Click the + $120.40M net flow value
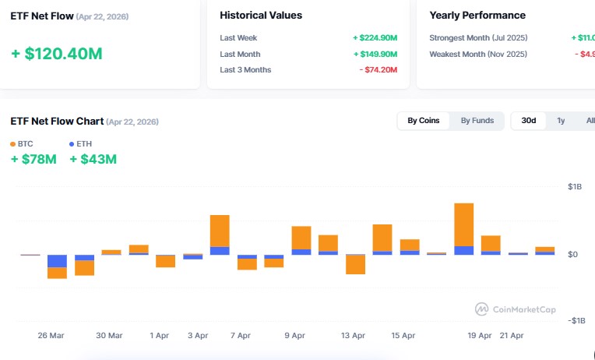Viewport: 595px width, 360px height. (57, 54)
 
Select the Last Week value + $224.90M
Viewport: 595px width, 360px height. (375, 37)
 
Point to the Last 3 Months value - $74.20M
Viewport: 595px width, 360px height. (378, 70)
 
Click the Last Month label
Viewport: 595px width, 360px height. (240, 54)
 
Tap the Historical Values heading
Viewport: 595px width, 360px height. (261, 16)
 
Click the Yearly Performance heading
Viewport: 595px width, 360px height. (477, 16)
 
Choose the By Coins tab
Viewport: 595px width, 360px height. (424, 121)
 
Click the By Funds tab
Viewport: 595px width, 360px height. (477, 121)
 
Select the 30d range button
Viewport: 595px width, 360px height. (529, 121)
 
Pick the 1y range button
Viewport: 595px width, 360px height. (561, 121)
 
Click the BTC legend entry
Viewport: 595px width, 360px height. (21, 144)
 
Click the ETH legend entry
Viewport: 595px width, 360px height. (80, 144)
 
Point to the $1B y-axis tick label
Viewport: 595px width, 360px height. (575, 187)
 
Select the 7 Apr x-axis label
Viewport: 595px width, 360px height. (241, 335)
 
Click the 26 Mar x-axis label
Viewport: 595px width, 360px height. (51, 335)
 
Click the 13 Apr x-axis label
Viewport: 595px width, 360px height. (353, 335)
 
